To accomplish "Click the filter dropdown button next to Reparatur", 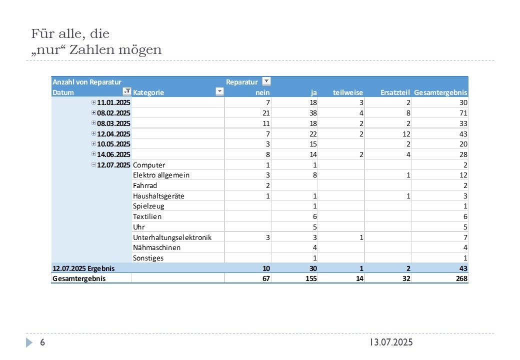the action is [266, 81].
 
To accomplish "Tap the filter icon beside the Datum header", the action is [126, 91].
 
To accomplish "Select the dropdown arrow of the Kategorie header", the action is [219, 91].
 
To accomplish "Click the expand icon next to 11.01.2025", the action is [93, 102].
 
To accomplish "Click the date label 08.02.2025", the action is [113, 113].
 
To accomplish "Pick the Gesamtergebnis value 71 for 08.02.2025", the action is [463, 113].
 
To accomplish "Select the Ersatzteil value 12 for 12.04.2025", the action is [406, 134].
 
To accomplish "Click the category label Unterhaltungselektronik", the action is [172, 237].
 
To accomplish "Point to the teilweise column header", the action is [348, 92].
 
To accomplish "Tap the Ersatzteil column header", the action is [395, 92].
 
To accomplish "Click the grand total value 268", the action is [461, 278].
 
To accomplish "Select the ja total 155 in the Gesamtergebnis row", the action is [311, 278].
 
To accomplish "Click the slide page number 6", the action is [42, 342].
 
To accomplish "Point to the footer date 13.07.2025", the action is [391, 342].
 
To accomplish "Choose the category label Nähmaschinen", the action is [156, 247].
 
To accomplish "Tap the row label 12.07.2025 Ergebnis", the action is [83, 268].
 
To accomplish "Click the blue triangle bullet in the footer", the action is [29, 342].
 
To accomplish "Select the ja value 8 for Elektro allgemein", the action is [314, 175].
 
